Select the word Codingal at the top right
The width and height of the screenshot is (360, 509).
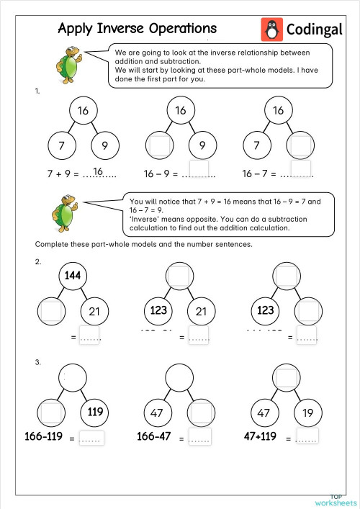pos(315,30)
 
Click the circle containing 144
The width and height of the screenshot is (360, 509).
pos(71,276)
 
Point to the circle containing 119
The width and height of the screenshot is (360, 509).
pos(95,413)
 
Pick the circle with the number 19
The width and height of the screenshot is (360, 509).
pos(307,413)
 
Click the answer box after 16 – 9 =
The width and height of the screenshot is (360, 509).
pos(198,171)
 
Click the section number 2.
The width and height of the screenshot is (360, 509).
pos(37,262)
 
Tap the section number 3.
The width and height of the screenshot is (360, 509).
pos(37,362)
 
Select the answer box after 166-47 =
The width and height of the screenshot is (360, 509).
pos(199,438)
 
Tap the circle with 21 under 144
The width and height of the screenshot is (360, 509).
pos(94,311)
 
